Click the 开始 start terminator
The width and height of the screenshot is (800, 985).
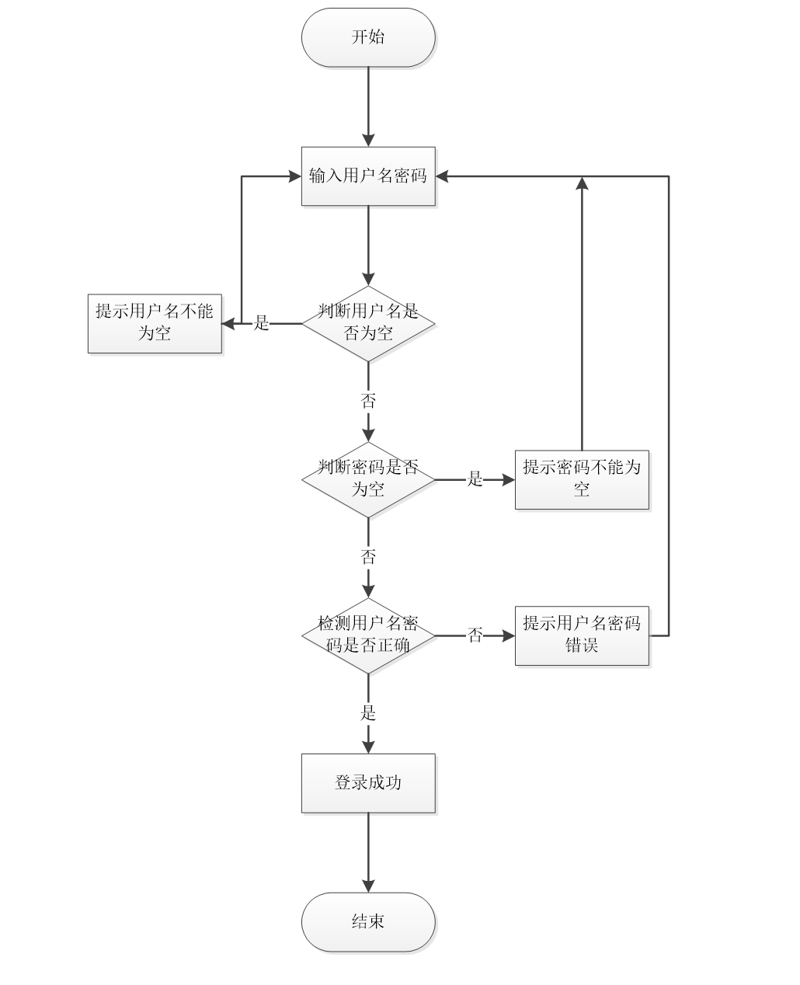coord(368,37)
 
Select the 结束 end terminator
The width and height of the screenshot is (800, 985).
coord(368,922)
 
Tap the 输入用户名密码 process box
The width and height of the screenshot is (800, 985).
coord(368,176)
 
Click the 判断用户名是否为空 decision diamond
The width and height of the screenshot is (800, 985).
coord(368,323)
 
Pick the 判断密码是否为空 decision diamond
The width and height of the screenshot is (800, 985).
coord(368,479)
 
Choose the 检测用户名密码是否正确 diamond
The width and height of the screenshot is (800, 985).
coord(368,635)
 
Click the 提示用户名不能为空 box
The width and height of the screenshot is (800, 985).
coord(155,323)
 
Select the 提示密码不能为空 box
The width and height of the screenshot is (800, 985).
coord(582,479)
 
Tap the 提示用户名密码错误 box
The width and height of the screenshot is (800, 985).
coord(582,635)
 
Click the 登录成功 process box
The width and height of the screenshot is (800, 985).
coord(368,783)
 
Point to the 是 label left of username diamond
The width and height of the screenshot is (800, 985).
coord(262,323)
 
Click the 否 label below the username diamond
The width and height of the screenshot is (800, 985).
coord(368,401)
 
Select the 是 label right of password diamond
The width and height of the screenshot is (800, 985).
coord(475,479)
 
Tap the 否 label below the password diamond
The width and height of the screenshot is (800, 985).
coord(368,556)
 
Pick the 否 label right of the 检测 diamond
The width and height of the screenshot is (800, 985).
coord(475,635)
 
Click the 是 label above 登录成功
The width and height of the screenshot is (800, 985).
coord(368,712)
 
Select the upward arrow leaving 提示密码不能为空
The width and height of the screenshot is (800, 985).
coord(582,311)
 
